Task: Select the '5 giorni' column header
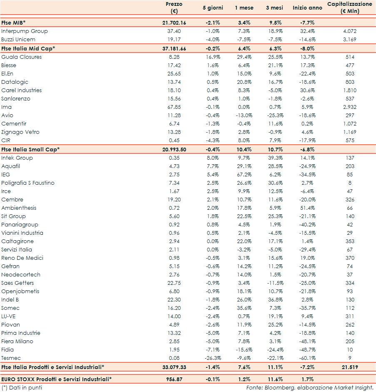212,8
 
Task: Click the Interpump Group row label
25,31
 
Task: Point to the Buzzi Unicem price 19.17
174,40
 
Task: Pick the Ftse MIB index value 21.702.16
174,23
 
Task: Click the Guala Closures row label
22,57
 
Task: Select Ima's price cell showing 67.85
174,107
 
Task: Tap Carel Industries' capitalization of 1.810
350,90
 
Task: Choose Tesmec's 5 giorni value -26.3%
212,358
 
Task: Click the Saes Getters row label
18,283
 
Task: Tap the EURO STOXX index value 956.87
174,379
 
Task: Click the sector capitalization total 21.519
350,367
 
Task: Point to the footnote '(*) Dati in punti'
22,387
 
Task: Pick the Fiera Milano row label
17,342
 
